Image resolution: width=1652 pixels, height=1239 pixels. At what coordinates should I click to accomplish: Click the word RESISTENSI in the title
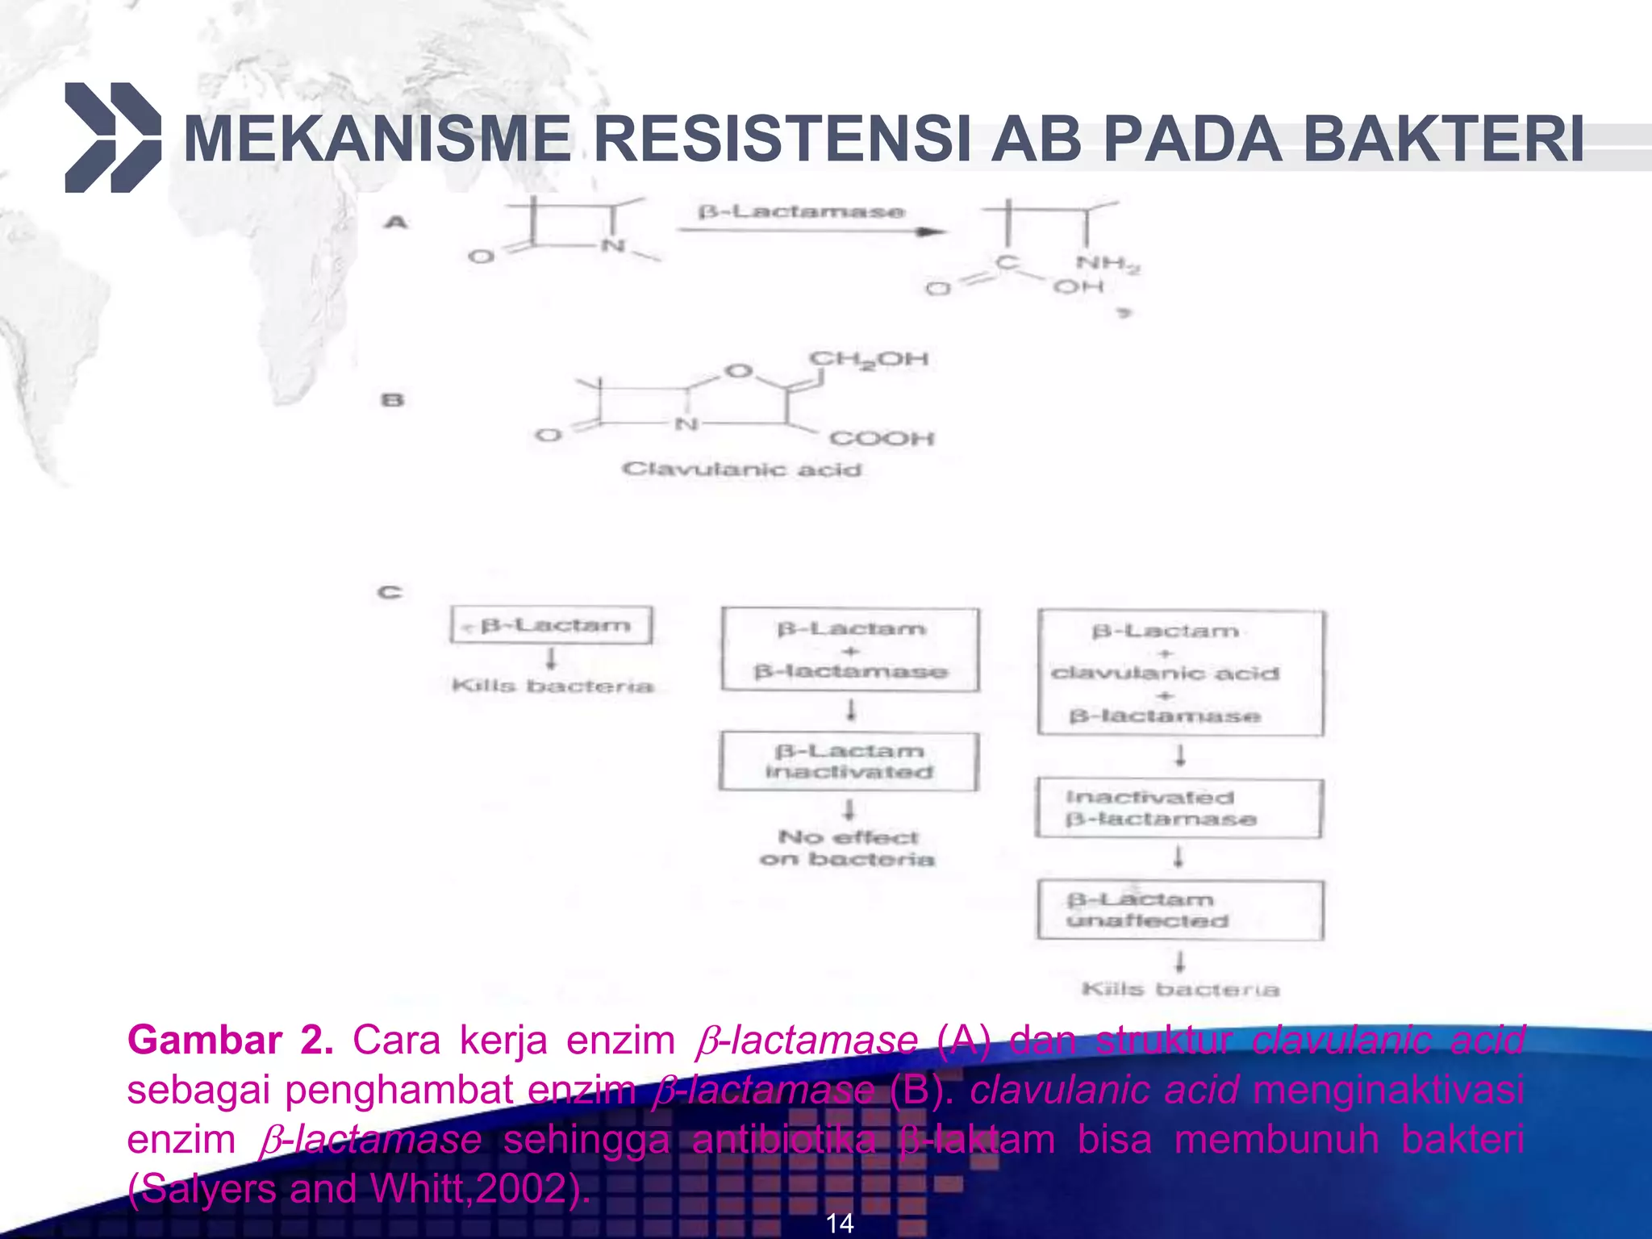(x=781, y=139)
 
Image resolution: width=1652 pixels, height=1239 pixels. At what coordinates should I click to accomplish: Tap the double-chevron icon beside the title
(x=112, y=138)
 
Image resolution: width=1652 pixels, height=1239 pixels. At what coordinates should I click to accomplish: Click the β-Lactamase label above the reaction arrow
(x=801, y=212)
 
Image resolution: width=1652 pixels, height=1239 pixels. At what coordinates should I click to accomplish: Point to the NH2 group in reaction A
(x=1107, y=264)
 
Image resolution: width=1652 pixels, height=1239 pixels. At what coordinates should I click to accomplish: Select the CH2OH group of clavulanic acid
(x=868, y=360)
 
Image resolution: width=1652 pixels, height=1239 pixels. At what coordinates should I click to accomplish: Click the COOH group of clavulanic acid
(x=881, y=439)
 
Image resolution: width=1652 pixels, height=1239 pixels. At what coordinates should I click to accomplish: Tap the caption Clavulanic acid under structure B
(x=741, y=469)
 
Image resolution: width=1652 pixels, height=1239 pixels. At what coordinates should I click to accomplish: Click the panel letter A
(x=395, y=222)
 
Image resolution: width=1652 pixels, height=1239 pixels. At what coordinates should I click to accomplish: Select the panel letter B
(x=392, y=400)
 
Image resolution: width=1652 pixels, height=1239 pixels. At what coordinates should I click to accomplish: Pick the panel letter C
(x=390, y=593)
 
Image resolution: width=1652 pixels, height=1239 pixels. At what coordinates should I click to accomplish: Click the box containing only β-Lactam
(x=552, y=626)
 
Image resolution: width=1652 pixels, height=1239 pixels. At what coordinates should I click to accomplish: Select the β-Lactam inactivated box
(x=849, y=761)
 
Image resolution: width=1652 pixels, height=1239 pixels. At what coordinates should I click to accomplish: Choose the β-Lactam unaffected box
(x=1179, y=910)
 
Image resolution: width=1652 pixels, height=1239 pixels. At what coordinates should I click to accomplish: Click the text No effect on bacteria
(x=847, y=849)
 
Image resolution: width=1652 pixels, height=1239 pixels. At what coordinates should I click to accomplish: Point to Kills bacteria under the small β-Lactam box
(x=552, y=686)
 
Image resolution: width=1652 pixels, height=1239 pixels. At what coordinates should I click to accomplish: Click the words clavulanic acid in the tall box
(x=1165, y=674)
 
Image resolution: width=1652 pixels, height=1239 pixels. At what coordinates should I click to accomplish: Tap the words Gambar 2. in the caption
(x=230, y=1041)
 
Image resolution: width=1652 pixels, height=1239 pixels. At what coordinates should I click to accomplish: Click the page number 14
(x=839, y=1224)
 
